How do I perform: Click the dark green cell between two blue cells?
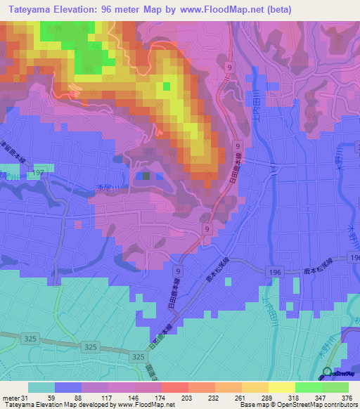(146, 176)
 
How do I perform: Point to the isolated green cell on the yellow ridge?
(167, 86)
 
